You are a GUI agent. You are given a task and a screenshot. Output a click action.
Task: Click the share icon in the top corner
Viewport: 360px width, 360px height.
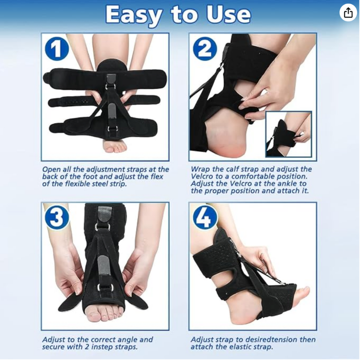pyautogui.click(x=348, y=13)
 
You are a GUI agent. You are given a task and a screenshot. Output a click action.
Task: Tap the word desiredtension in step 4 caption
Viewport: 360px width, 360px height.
pyautogui.click(x=261, y=340)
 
